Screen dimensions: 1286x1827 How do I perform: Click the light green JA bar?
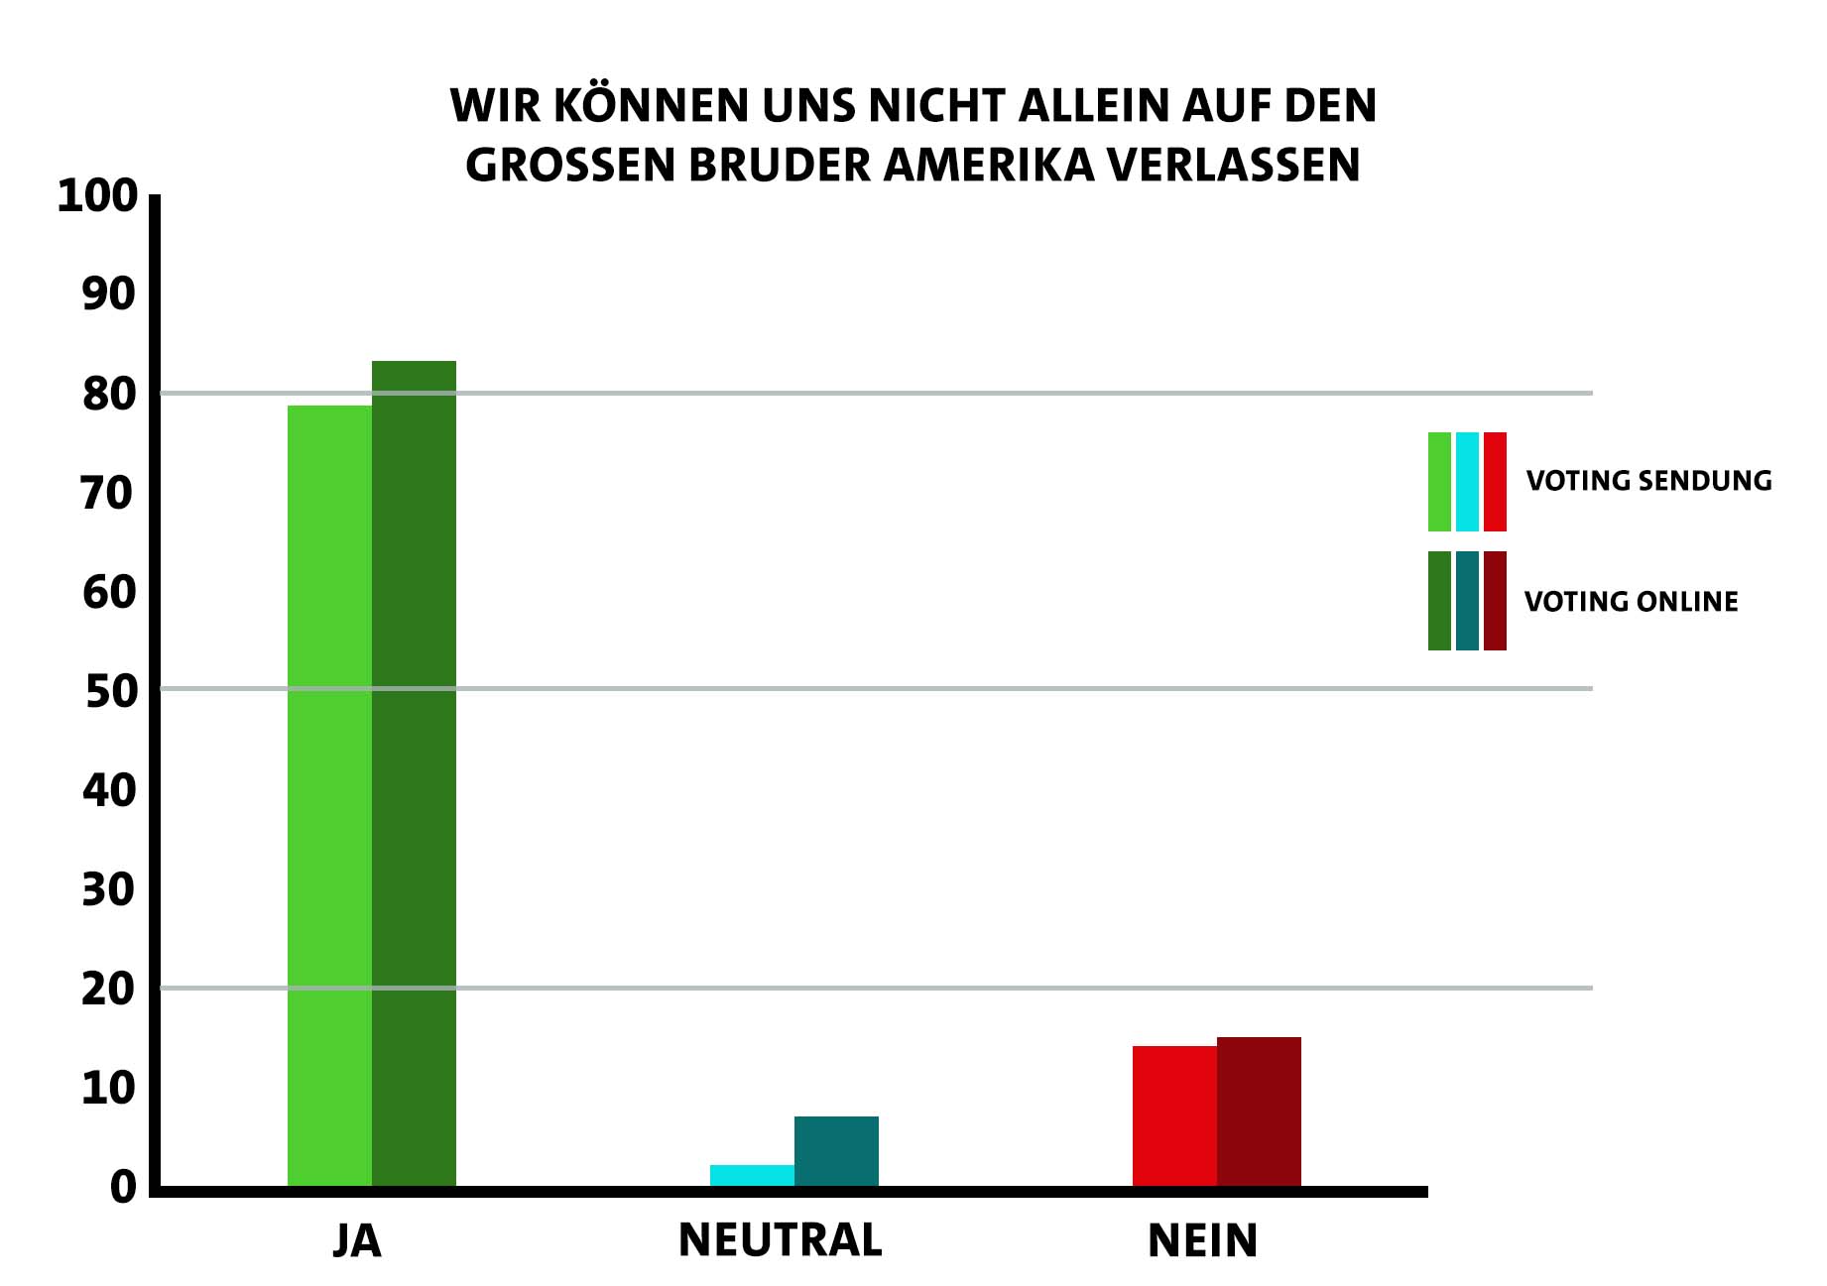click(329, 793)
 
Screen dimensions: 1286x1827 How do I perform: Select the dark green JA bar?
click(414, 773)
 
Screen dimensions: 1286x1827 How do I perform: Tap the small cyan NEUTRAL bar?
click(752, 1175)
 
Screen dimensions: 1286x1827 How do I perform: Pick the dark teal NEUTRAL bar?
click(836, 1151)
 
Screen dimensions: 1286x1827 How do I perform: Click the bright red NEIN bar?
click(1174, 1115)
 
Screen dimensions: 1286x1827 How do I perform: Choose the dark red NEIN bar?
click(1259, 1111)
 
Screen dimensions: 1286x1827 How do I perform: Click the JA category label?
click(357, 1241)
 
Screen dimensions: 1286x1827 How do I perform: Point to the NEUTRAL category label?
click(780, 1240)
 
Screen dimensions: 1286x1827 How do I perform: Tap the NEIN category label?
click(1202, 1241)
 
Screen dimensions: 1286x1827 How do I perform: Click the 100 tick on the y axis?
click(97, 196)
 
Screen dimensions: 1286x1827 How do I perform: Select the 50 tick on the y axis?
click(110, 692)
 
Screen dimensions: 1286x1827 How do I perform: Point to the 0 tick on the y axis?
click(123, 1187)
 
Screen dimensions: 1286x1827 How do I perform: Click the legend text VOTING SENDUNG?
click(1648, 481)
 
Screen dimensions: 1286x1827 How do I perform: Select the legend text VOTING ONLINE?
click(1631, 602)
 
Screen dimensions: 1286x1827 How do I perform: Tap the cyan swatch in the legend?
click(1467, 482)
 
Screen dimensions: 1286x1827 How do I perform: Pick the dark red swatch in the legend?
click(1495, 601)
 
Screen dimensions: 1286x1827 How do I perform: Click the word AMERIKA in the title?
click(988, 166)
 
